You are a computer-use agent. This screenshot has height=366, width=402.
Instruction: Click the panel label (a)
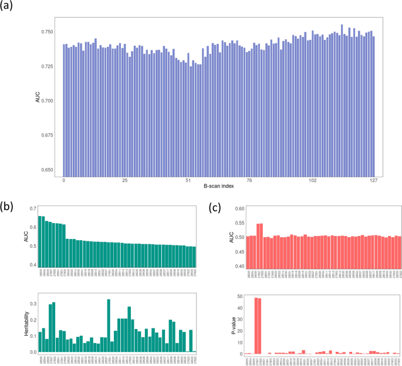pos(9,8)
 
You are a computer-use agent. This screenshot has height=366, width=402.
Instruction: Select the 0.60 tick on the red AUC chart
pos(238,208)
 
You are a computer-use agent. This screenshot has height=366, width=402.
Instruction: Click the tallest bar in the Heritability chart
pos(109,326)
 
